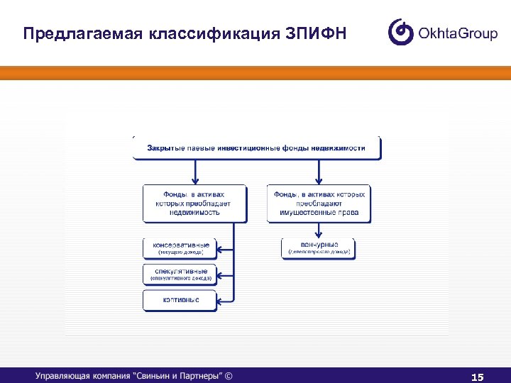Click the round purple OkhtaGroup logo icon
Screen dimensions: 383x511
[x=401, y=32]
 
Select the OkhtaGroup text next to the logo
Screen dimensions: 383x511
[x=458, y=33]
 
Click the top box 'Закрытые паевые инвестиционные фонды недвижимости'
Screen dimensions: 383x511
[x=256, y=148]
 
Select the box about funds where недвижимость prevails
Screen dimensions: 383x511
[x=194, y=204]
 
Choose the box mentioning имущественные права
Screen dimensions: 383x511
[x=319, y=204]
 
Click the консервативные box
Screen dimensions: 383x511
[x=180, y=248]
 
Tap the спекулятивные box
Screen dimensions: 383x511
[x=180, y=274]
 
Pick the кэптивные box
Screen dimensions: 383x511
[x=180, y=300]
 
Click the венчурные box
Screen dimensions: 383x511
[x=319, y=248]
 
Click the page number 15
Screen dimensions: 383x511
[x=477, y=377]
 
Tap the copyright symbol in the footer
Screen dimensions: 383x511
[x=229, y=376]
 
